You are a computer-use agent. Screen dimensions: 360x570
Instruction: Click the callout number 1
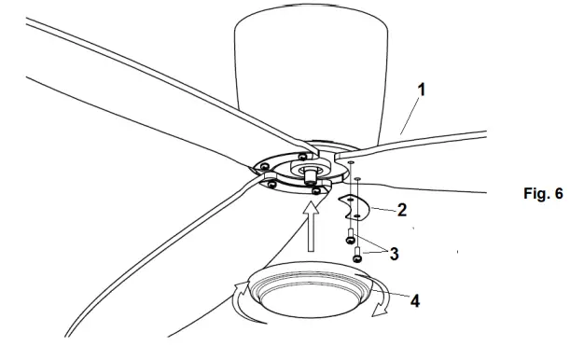422,90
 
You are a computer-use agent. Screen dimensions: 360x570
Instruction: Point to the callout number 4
414,302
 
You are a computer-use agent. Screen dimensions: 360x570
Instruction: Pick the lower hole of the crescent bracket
354,214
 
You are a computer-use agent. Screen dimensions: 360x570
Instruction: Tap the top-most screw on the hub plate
305,155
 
